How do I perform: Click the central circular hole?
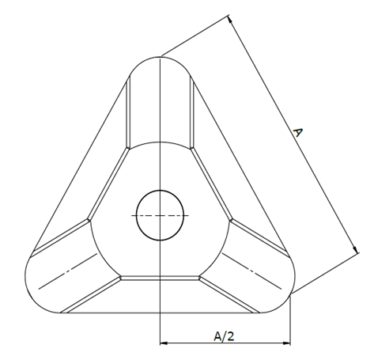pyautogui.click(x=161, y=214)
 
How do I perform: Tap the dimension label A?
pyautogui.click(x=297, y=134)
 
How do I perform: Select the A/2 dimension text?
pyautogui.click(x=224, y=336)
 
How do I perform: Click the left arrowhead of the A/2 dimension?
pyautogui.click(x=164, y=343)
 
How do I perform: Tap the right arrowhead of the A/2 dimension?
pyautogui.click(x=287, y=343)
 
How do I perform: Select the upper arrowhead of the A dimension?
pyautogui.click(x=230, y=19)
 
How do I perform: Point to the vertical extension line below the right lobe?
pyautogui.click(x=290, y=324)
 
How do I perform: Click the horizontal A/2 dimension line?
pyautogui.click(x=190, y=343)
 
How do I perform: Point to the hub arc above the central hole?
pyautogui.click(x=161, y=143)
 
